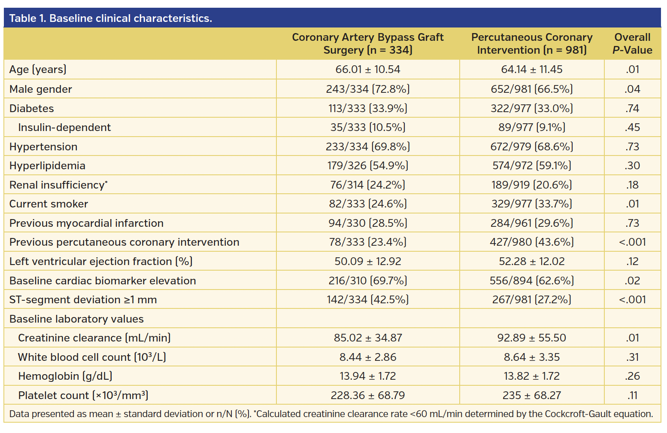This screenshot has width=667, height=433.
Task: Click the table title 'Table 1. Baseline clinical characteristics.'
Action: [x=111, y=18]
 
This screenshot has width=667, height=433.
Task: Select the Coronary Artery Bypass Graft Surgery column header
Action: [x=368, y=44]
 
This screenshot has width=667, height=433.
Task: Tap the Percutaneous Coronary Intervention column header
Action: [x=532, y=44]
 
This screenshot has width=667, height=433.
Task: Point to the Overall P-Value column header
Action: [x=632, y=44]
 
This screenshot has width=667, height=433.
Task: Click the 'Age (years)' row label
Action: [x=38, y=70]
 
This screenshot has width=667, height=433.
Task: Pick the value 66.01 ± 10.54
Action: [x=368, y=70]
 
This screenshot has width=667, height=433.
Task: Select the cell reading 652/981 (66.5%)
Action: [x=532, y=89]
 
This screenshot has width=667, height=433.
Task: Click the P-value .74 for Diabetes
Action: [x=632, y=109]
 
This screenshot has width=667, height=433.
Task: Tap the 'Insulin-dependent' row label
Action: [x=64, y=128]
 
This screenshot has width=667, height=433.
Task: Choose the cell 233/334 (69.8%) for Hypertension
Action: [x=368, y=147]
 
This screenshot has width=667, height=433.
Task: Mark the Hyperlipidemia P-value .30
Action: [x=632, y=166]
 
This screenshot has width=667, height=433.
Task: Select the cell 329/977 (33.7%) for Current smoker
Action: [x=532, y=204]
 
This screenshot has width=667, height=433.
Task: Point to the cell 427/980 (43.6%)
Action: [x=532, y=242]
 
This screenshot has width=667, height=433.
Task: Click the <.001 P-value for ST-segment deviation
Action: [x=632, y=300]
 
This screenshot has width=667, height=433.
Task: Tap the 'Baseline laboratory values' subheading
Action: [x=76, y=319]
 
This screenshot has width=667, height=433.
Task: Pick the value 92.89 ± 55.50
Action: [x=532, y=338]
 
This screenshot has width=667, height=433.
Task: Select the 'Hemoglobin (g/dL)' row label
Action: [x=65, y=376]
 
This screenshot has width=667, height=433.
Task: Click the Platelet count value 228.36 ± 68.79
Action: [x=368, y=396]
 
